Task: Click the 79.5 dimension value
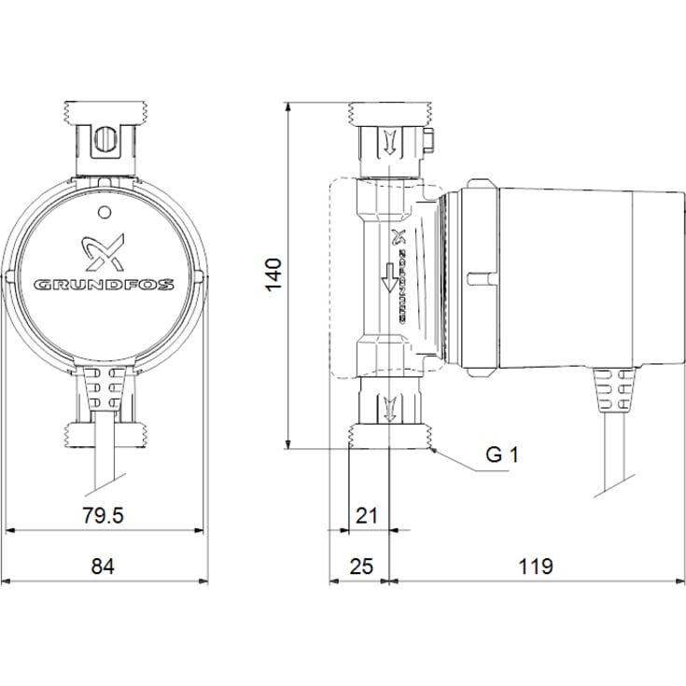point(105,515)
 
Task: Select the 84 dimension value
point(104,567)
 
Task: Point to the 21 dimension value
point(366,515)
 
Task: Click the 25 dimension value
point(360,567)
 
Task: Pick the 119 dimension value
point(538,567)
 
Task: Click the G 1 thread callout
point(500,455)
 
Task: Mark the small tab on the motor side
point(480,277)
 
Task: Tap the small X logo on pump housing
point(399,235)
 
